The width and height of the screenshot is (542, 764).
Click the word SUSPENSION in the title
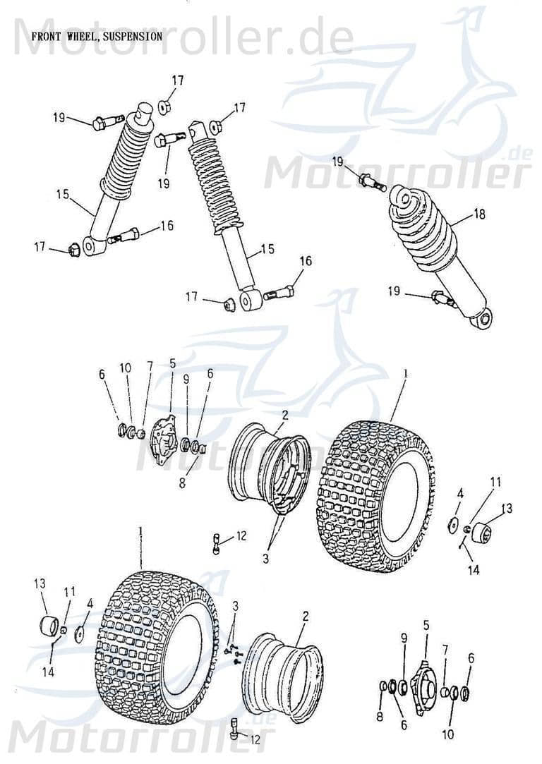pyautogui.click(x=133, y=35)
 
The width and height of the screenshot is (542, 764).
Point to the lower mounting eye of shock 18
pyautogui.click(x=483, y=321)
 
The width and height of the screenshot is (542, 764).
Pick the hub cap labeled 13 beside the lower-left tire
pyautogui.click(x=49, y=626)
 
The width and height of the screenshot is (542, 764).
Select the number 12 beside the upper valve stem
pyautogui.click(x=241, y=537)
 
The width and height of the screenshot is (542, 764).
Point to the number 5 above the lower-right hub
pyautogui.click(x=426, y=624)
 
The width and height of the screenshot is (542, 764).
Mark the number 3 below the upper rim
pyautogui.click(x=265, y=559)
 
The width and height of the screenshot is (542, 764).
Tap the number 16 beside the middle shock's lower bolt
pyautogui.click(x=305, y=261)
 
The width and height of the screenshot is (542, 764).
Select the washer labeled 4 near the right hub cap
pyautogui.click(x=449, y=526)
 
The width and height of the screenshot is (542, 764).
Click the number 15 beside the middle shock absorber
pyautogui.click(x=267, y=249)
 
